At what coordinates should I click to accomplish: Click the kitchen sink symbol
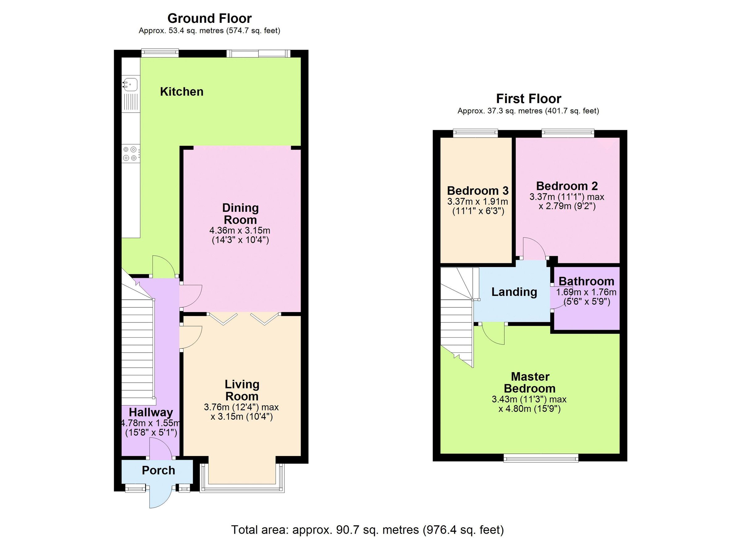[130, 84]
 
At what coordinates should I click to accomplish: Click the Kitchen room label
[182, 92]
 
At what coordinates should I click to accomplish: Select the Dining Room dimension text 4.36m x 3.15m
[240, 231]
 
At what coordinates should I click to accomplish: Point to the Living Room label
[242, 390]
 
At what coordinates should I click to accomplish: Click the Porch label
[158, 470]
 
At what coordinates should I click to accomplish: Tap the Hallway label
[151, 413]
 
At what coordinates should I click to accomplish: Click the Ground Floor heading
[209, 18]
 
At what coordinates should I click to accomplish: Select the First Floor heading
[528, 99]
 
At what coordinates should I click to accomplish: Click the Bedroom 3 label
[478, 191]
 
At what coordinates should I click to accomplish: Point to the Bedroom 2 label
[567, 186]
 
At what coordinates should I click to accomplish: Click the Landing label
[514, 292]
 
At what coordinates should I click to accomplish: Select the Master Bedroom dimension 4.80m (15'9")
[529, 409]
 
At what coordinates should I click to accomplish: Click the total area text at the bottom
[367, 529]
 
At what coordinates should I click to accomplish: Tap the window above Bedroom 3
[475, 132]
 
